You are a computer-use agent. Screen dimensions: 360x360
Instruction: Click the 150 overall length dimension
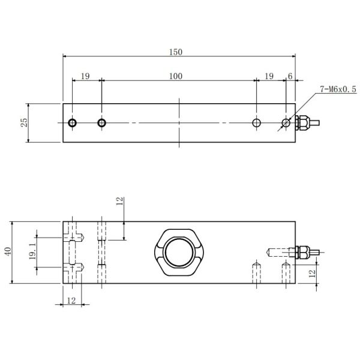point(175,52)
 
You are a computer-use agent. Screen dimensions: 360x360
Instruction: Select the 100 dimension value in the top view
point(175,76)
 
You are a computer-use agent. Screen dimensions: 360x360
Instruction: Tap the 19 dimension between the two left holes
point(85,76)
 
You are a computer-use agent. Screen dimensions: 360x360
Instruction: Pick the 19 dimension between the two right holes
point(269,76)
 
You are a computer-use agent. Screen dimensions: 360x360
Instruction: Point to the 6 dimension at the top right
point(290,76)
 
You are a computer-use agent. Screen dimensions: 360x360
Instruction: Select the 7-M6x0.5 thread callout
point(338,89)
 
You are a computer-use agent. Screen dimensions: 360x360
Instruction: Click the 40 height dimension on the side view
point(8,252)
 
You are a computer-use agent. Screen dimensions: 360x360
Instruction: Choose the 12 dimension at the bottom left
point(71,300)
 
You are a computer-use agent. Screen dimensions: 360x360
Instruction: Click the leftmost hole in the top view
point(72,123)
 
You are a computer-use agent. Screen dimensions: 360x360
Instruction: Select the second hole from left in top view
point(102,123)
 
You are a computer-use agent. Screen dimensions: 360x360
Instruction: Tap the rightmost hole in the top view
point(286,123)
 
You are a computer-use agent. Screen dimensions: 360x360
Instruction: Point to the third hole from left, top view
point(257,123)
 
